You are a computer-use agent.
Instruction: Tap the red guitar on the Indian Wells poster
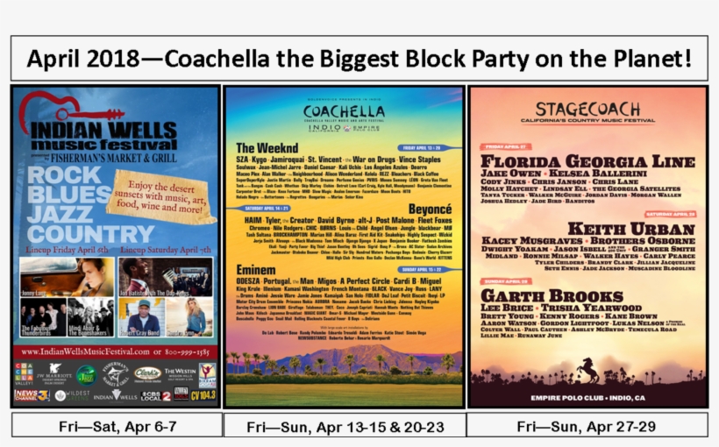click(x=61, y=110)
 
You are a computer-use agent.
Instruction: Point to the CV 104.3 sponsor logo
click(x=203, y=395)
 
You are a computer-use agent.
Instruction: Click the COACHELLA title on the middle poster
click(x=344, y=112)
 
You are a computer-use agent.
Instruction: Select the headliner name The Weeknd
click(x=267, y=148)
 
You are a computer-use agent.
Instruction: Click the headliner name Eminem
click(x=256, y=269)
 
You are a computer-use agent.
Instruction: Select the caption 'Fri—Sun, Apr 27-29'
click(x=587, y=426)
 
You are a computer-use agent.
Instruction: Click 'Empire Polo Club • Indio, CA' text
click(x=587, y=396)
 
